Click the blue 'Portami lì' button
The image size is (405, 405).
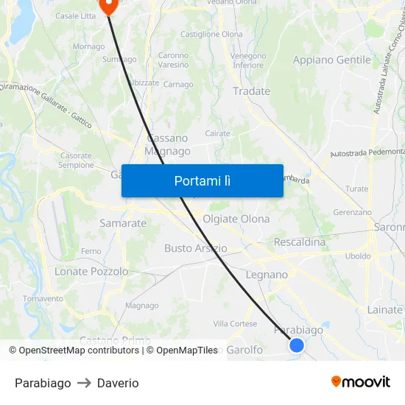tap(202, 180)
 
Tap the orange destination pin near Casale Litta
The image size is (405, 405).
tap(108, 7)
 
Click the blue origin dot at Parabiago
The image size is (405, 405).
tap(297, 345)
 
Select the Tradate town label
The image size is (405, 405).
tap(251, 91)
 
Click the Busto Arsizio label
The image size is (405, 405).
tap(195, 248)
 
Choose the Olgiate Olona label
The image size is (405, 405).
tap(236, 219)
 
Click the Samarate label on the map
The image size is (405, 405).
tap(123, 222)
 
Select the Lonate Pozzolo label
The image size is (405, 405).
tap(91, 271)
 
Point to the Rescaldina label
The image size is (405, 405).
tap(299, 242)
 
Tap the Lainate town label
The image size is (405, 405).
tap(384, 310)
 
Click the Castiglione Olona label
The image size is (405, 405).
tap(211, 35)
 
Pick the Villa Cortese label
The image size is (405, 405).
tap(235, 323)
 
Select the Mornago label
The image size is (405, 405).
tap(88, 46)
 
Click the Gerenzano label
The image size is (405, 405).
tap(352, 212)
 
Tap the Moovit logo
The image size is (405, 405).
tap(361, 381)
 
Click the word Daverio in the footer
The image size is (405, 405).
tap(118, 383)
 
